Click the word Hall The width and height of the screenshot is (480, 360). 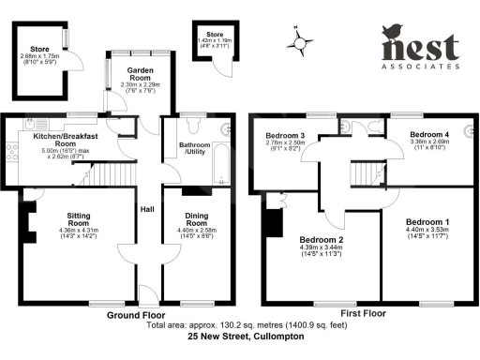pyautogui.click(x=147, y=210)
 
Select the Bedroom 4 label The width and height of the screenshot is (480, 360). pyautogui.click(x=431, y=135)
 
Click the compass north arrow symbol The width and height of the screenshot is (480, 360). pyautogui.click(x=300, y=40)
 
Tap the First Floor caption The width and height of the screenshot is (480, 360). pyautogui.click(x=362, y=313)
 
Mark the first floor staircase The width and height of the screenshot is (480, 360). pyautogui.click(x=364, y=174)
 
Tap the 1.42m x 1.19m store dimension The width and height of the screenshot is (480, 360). pyautogui.click(x=214, y=42)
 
